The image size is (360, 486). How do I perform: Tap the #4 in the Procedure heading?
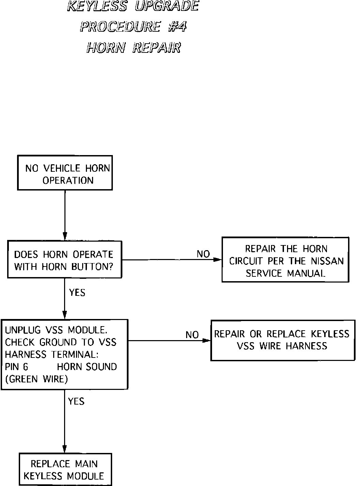[x=177, y=27]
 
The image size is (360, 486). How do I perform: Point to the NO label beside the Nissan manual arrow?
[x=203, y=254]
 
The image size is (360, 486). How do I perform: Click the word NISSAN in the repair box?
[x=327, y=261]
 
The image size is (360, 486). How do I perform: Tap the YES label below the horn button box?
[x=77, y=292]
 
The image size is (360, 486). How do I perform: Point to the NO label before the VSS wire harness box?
[x=192, y=335]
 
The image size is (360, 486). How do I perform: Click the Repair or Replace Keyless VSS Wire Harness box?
[x=281, y=340]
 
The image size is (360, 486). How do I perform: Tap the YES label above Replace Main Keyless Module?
[x=76, y=401]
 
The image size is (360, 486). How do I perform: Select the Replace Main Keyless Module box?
[x=64, y=469]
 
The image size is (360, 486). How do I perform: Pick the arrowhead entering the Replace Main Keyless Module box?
[x=64, y=449]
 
